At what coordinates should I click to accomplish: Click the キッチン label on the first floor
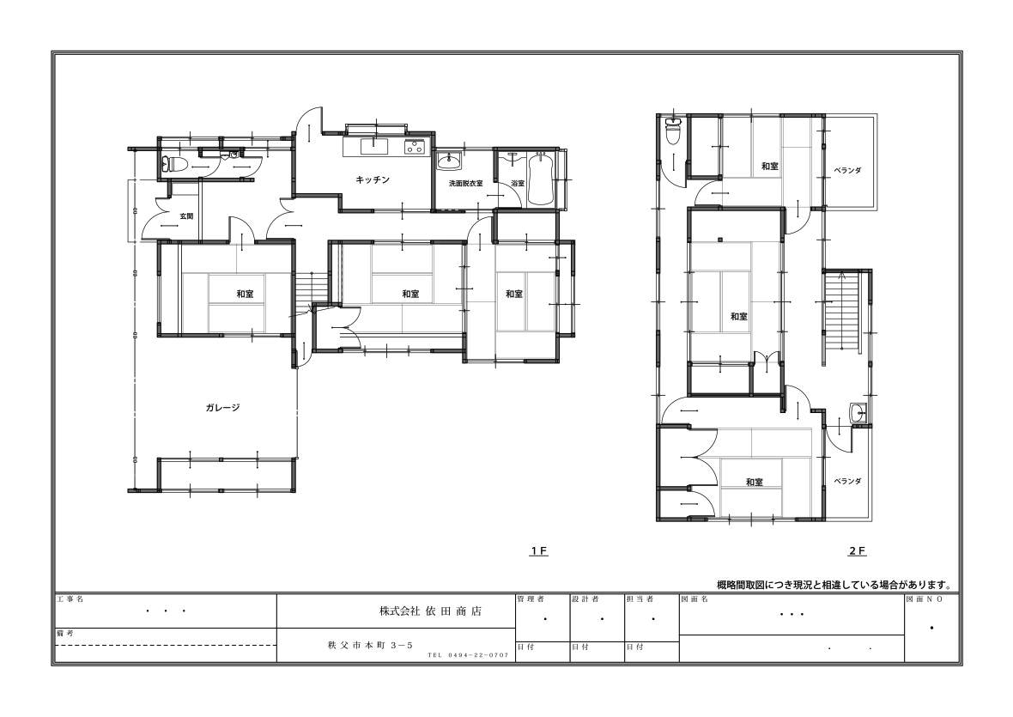point(373,179)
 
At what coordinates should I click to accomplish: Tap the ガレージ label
point(223,408)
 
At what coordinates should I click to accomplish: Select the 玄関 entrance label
point(186,216)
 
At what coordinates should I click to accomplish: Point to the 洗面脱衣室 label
point(466,184)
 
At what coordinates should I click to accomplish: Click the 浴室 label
point(518,184)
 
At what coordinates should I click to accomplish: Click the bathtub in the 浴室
point(541,179)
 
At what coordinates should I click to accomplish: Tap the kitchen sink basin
point(374,147)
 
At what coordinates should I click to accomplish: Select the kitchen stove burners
point(414,147)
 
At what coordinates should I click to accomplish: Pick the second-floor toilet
point(673,133)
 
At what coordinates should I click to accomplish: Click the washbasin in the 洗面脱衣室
point(448,161)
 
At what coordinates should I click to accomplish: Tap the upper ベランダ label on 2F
point(847,171)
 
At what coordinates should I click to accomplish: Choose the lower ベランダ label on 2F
point(847,481)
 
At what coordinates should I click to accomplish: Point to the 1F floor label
point(539,551)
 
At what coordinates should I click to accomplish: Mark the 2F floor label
point(857,551)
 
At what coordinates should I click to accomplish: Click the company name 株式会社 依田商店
point(430,611)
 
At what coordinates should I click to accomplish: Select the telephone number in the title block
point(468,655)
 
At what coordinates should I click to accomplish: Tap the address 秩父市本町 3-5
point(370,646)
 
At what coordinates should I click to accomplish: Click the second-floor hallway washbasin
point(858,412)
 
